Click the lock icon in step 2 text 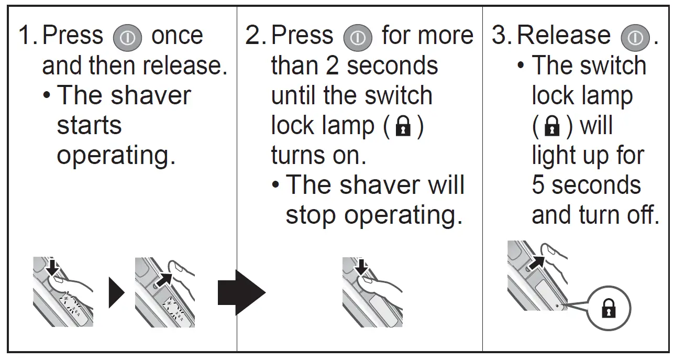(402, 126)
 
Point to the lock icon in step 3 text (553, 126)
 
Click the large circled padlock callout (608, 308)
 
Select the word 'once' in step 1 (177, 36)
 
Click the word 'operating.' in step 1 (116, 156)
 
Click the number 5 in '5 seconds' (538, 186)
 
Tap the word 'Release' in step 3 (563, 36)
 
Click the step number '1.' (28, 36)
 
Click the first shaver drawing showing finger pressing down (63, 291)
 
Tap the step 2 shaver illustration (372, 291)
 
